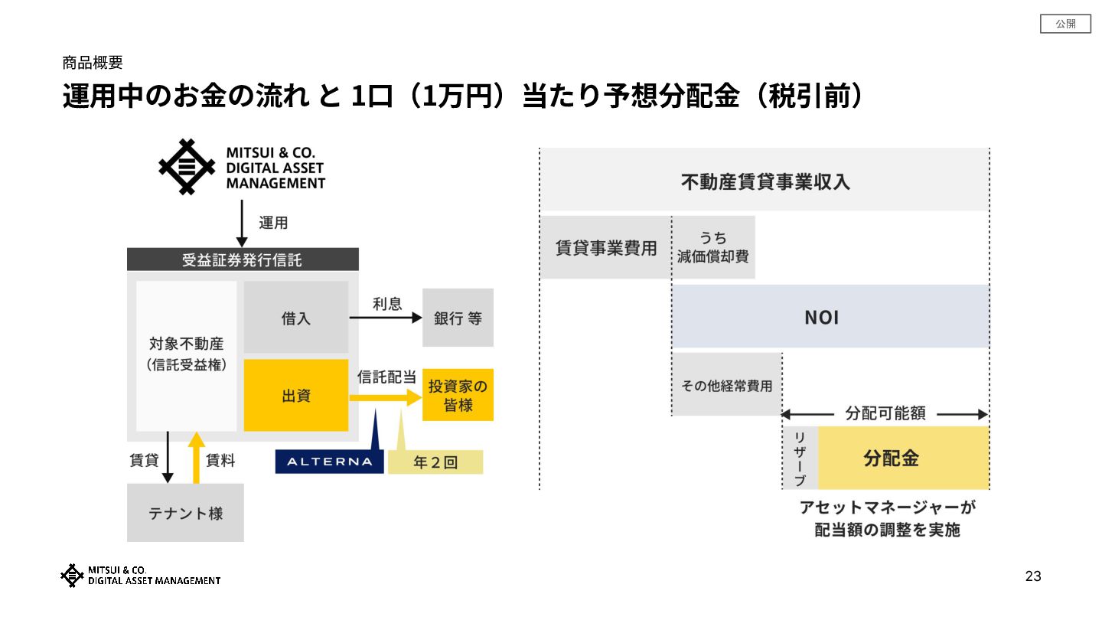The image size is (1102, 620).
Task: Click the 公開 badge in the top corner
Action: click(x=1065, y=24)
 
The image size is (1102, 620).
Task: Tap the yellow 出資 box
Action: click(x=295, y=395)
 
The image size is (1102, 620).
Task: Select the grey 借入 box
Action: click(x=295, y=317)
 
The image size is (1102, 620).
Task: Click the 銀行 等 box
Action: click(x=458, y=318)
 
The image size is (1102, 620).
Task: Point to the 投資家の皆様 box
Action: click(x=458, y=395)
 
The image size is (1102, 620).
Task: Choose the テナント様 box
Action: click(x=185, y=513)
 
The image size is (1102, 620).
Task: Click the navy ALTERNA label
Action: click(x=329, y=462)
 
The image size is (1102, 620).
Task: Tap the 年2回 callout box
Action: click(x=435, y=462)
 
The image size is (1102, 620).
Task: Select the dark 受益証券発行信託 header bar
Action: click(x=242, y=259)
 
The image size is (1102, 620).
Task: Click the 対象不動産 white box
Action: click(x=187, y=356)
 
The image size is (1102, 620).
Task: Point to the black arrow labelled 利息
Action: click(x=386, y=318)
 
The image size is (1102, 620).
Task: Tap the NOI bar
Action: click(x=830, y=317)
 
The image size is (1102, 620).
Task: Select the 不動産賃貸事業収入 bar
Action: click(x=765, y=181)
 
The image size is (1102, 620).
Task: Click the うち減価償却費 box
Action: click(x=713, y=247)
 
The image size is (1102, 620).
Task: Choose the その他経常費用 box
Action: click(x=726, y=385)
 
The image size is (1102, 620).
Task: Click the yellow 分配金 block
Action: click(x=903, y=458)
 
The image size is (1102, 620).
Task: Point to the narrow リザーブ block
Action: click(x=800, y=458)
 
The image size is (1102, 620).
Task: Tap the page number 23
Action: click(x=1033, y=576)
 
